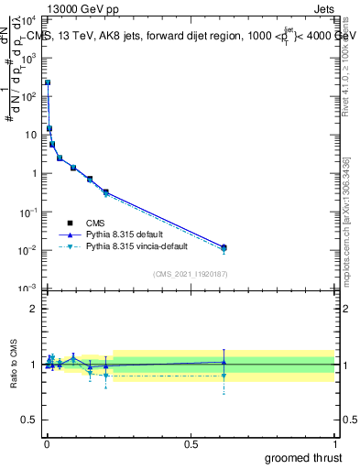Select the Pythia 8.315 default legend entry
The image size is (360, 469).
coord(127,234)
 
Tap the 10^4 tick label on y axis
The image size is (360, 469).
coord(28,19)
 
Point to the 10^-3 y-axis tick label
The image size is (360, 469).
coord(28,289)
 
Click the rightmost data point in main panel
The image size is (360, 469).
coord(224,247)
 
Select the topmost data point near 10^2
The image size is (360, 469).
coord(48,82)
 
